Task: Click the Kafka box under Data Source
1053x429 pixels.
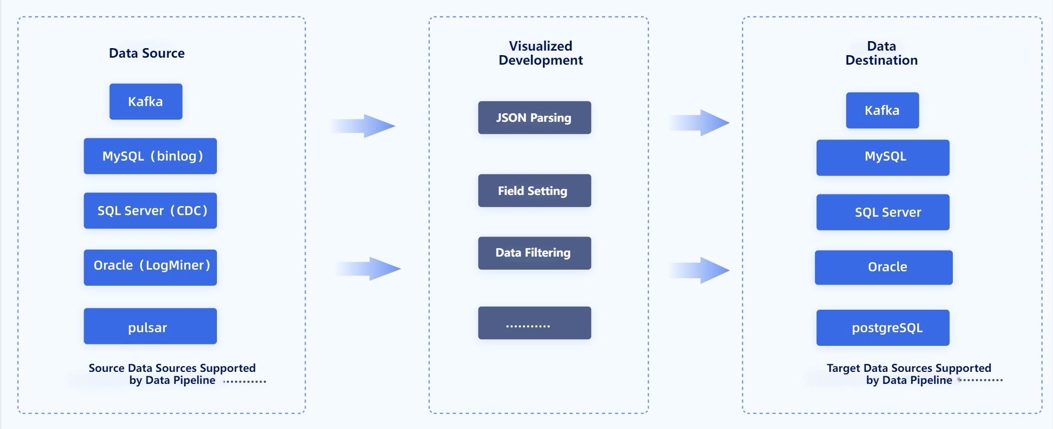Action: pos(146,102)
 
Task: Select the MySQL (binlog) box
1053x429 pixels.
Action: pos(150,156)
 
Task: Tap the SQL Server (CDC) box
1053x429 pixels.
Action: pos(150,211)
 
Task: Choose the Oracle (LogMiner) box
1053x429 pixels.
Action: pos(150,268)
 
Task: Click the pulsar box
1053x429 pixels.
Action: pos(150,326)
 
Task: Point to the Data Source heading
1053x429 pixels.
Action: pos(147,53)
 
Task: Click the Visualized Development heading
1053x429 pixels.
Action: pos(541,53)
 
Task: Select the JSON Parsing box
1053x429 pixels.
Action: pos(535,118)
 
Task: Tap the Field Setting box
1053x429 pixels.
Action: pos(535,191)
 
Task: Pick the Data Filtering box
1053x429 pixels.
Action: pos(535,253)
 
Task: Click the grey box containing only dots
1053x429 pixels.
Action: pos(535,323)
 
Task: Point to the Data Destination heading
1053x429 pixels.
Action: pos(882,53)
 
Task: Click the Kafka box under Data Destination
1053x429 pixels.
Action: pos(882,110)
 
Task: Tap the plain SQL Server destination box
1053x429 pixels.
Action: pos(883,212)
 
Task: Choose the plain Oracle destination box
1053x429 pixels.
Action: pos(884,268)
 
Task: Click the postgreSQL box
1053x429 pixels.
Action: pos(883,328)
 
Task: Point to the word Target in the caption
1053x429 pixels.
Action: pos(843,368)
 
